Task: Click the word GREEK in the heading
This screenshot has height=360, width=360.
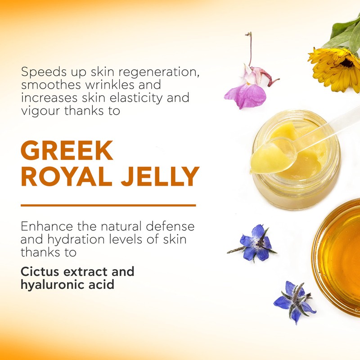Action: click(x=67, y=152)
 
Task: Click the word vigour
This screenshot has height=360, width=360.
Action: click(x=37, y=110)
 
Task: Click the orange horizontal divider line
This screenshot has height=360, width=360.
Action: click(x=108, y=205)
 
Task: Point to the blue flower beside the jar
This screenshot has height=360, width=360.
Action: click(x=255, y=243)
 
